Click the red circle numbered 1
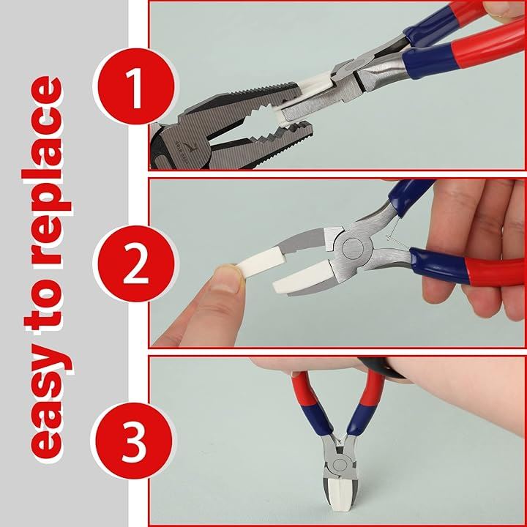pos(135,86)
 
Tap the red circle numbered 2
pos(135,263)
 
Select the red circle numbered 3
pos(134,441)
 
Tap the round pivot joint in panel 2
pos(353,248)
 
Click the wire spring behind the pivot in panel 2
pos(394,232)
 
